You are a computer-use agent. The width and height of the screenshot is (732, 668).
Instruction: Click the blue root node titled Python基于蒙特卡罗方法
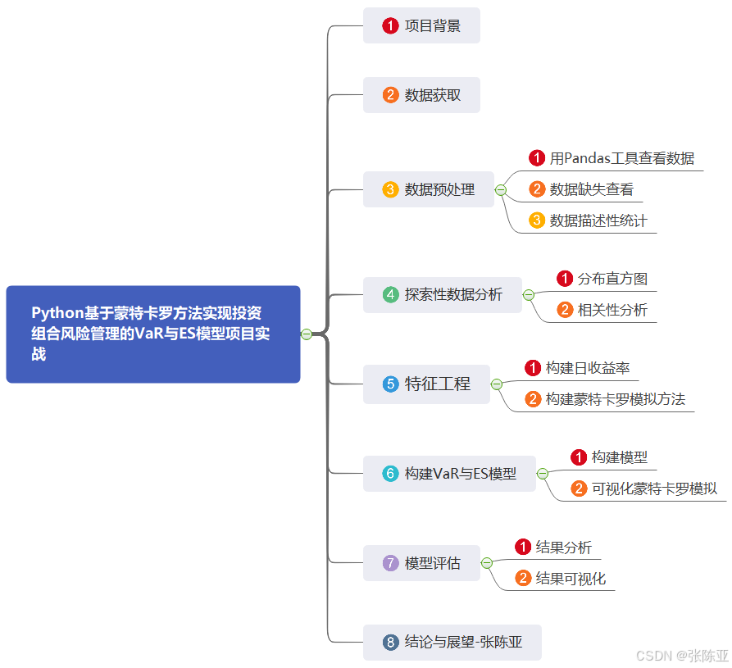(x=153, y=334)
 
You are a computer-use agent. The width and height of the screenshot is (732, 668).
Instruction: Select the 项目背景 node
(x=421, y=25)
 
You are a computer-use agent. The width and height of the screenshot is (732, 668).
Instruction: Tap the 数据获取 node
(x=421, y=95)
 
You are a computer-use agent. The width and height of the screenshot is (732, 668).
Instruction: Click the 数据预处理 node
(x=429, y=189)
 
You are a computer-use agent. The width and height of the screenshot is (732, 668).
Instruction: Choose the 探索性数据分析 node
(x=443, y=294)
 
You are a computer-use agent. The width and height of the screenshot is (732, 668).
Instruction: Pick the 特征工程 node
(x=426, y=384)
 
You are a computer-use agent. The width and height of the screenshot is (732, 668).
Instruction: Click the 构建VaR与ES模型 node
(x=449, y=473)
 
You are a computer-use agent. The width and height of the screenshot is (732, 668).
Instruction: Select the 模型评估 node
(x=421, y=563)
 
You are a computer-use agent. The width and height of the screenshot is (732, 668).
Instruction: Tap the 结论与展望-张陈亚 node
(x=452, y=642)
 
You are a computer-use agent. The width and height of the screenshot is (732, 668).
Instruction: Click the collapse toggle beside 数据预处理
(x=501, y=190)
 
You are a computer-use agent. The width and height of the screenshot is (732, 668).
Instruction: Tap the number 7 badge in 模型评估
(x=391, y=563)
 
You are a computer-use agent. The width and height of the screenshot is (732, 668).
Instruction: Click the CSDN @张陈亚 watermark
(x=682, y=656)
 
